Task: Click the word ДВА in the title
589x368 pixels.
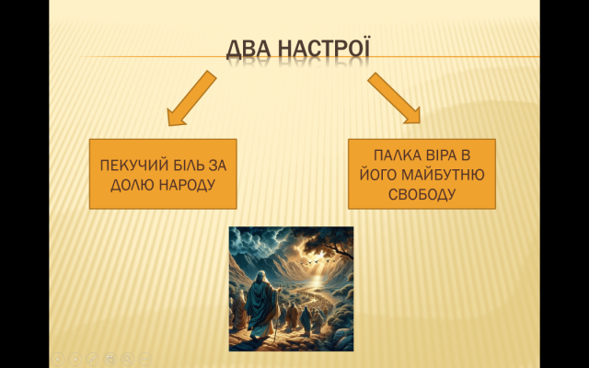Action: point(248,49)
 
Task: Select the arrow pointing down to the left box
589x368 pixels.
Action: point(191,98)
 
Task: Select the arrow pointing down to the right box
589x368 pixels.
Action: point(394,98)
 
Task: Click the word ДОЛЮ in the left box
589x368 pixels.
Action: point(133,185)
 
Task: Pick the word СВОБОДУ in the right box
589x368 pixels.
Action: point(422,194)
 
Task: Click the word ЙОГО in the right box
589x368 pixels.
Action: point(378,174)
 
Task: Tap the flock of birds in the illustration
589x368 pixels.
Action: point(315,260)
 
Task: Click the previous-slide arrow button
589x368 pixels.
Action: point(58,359)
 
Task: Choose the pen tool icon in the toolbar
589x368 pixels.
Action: point(93,359)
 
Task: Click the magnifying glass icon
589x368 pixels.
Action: point(128,359)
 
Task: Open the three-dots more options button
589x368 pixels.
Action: point(145,359)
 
